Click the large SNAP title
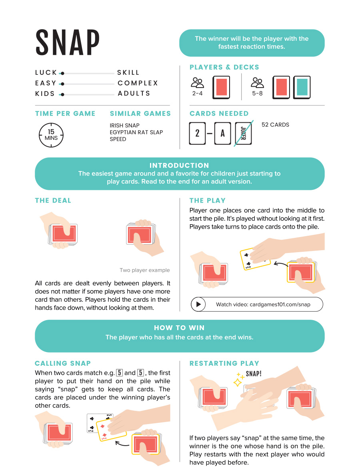68,42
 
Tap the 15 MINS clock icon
51,135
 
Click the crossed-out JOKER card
243,133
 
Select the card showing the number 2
197,133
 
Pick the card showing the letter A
222,133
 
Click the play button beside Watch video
198,305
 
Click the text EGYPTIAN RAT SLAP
136,132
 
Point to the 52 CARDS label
275,125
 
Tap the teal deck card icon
302,87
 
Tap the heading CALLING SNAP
63,363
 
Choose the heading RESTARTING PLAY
224,363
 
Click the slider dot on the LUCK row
62,73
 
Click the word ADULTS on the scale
134,94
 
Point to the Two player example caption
144,270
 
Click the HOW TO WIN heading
179,328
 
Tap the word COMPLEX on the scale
138,83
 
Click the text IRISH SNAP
124,125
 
